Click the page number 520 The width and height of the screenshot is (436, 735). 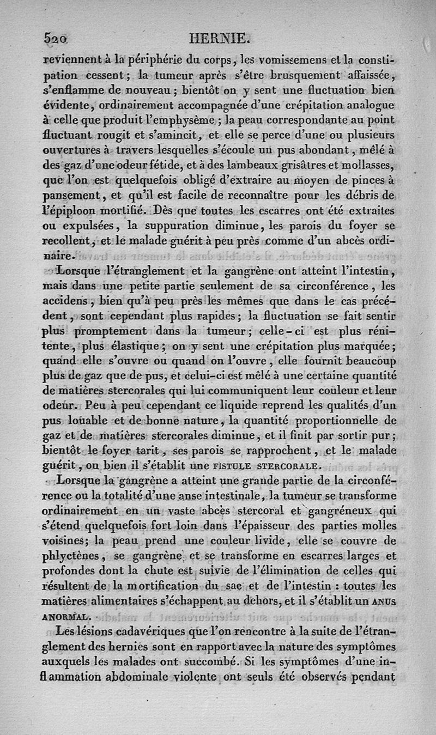pyautogui.click(x=56, y=39)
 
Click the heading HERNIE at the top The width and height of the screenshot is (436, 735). pyautogui.click(x=218, y=39)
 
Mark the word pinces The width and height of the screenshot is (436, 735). pyautogui.click(x=374, y=180)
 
